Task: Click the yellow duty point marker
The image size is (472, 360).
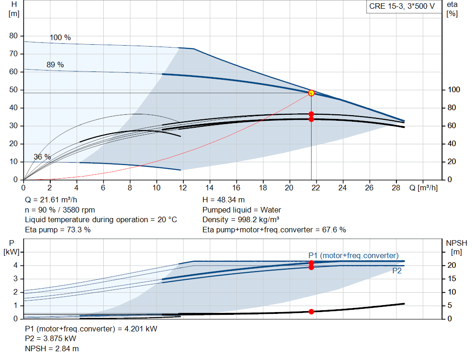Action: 311,93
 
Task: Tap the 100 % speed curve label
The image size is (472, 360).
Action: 60,37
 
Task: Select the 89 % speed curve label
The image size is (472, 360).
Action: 55,65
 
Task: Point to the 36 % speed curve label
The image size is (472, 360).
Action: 42,157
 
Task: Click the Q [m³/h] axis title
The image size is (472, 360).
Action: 423,188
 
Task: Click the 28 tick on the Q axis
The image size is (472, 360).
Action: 396,188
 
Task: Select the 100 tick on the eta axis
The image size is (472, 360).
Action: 454,90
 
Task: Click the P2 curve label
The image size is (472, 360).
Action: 397,271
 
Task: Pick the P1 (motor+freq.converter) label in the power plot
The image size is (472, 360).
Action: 354,255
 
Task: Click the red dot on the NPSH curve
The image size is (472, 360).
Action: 311,312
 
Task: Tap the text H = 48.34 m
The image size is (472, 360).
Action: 224,200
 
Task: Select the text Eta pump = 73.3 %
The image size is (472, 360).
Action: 58,230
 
